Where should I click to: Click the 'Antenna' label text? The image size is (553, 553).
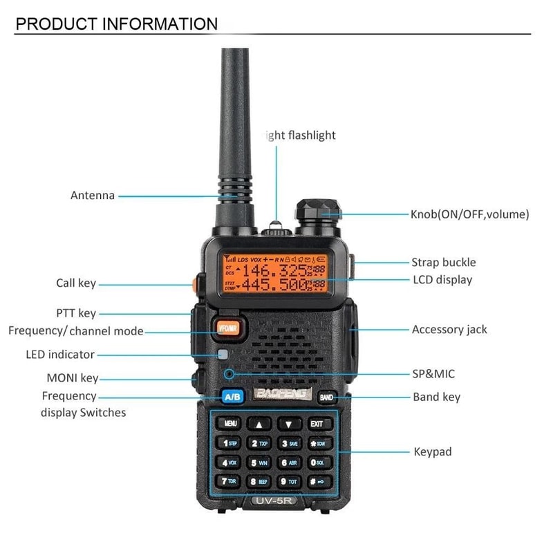pos(93,196)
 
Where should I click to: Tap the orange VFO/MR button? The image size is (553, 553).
pos(227,328)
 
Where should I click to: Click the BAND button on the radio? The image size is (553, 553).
pos(326,397)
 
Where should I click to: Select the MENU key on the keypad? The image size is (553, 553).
pos(230,423)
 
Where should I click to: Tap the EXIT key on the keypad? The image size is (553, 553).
pos(317,423)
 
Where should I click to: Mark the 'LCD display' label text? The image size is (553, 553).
pos(442,280)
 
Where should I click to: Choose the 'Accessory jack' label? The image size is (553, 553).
pos(449,330)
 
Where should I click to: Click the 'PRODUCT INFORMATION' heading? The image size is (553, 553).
pos(116,24)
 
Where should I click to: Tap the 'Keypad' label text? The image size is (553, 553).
pos(432,452)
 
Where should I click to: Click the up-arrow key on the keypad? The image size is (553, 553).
pos(259,423)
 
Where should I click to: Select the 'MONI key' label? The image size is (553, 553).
pos(72,378)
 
